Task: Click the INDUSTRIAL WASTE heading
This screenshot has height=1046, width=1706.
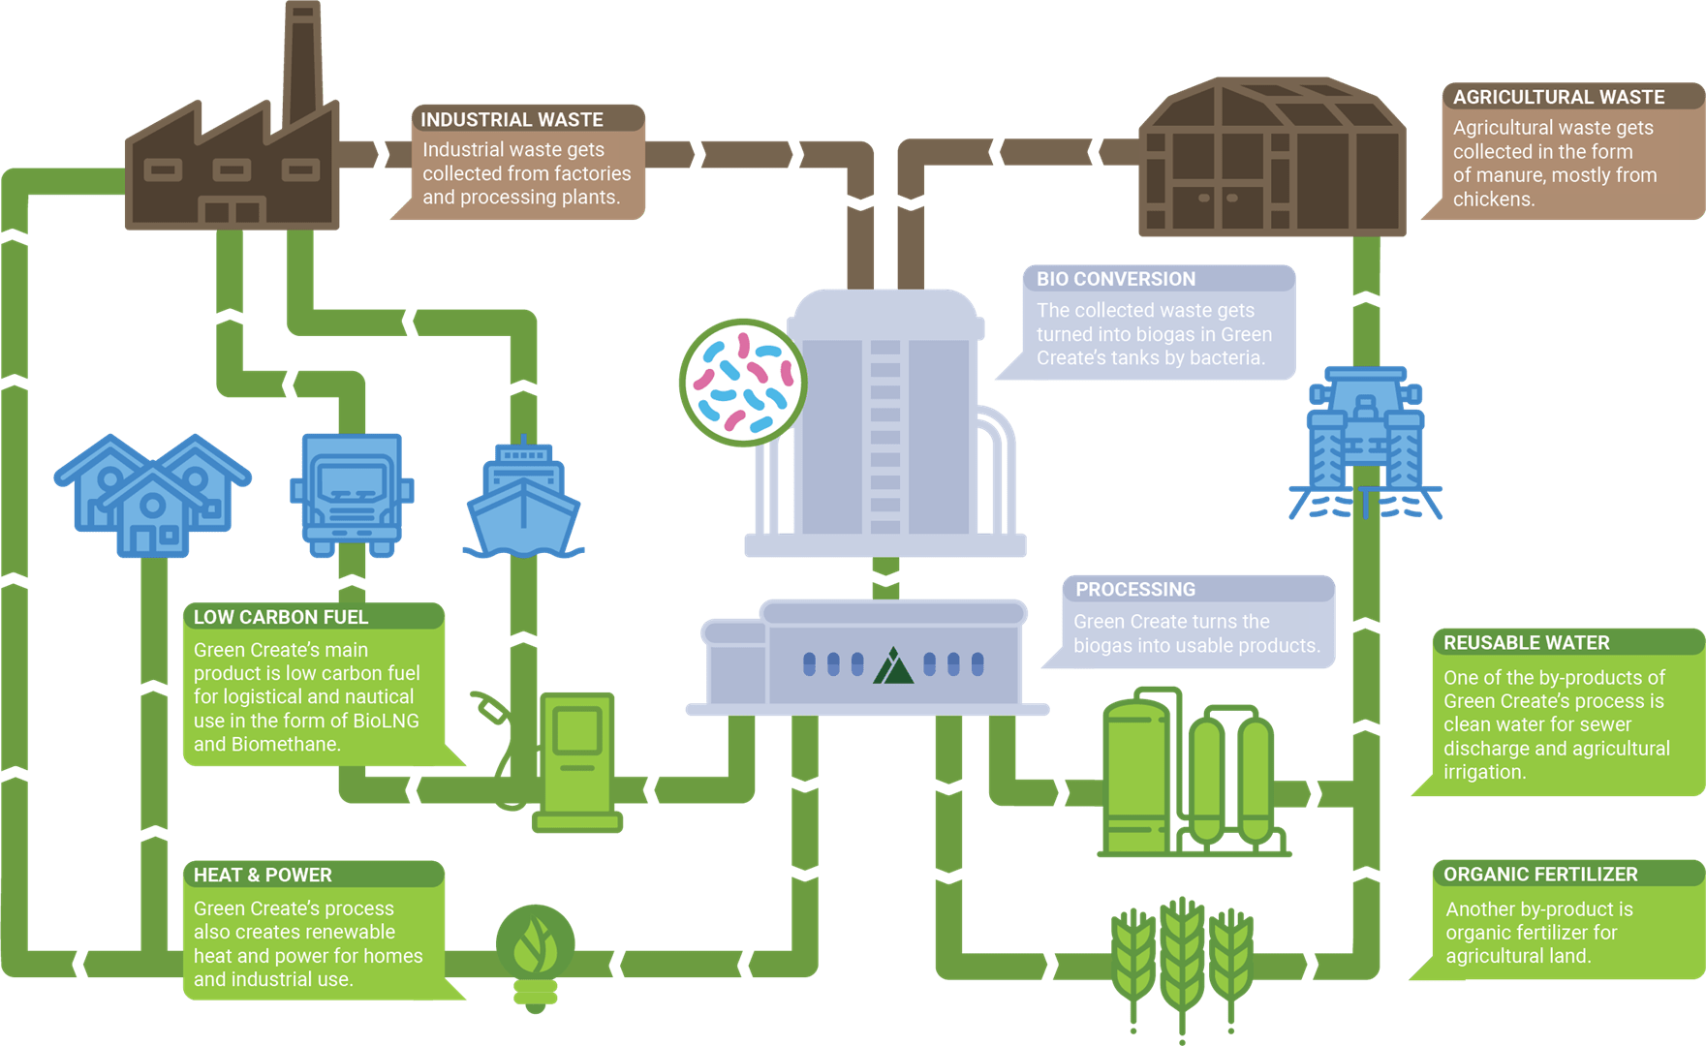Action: [512, 119]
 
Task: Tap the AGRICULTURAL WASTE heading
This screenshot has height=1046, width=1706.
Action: [1558, 97]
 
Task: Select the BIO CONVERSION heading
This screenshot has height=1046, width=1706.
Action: [1115, 279]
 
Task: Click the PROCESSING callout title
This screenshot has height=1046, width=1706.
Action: [1134, 589]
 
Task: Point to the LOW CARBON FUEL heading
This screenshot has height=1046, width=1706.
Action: [281, 617]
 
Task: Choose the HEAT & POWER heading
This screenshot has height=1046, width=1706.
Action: [263, 875]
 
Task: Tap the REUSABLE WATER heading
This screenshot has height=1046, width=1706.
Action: [1526, 643]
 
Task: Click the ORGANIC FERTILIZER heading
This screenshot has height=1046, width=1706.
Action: [1540, 874]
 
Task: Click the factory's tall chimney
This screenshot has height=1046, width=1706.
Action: [302, 58]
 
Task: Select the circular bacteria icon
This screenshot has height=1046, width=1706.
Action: [743, 383]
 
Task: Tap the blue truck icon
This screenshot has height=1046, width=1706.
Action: [352, 494]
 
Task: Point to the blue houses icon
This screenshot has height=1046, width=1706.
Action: [152, 496]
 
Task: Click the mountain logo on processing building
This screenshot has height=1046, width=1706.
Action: [893, 666]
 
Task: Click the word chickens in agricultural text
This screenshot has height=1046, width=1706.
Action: [1492, 200]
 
